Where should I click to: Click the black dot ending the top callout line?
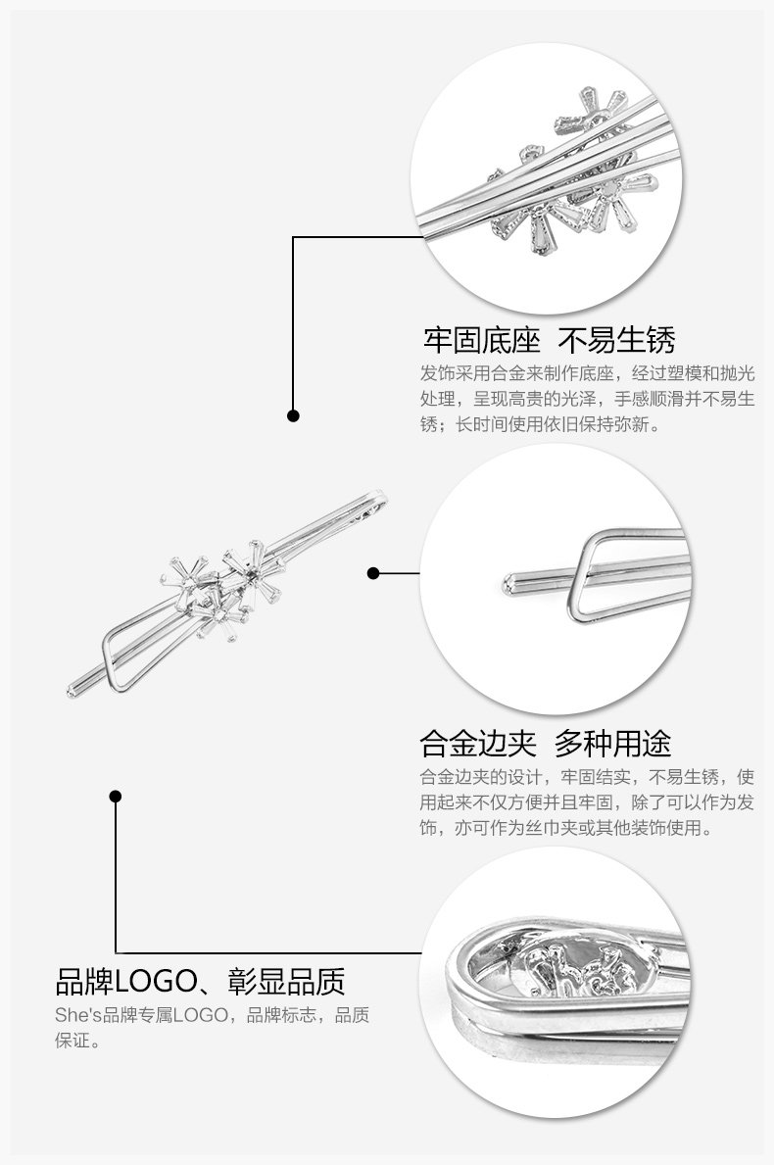[x=293, y=415]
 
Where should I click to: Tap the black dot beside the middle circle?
[x=373, y=573]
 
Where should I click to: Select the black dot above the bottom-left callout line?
[x=116, y=796]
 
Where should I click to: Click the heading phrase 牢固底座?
[x=481, y=341]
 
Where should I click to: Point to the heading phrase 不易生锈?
[x=616, y=341]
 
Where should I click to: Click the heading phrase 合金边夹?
[x=477, y=743]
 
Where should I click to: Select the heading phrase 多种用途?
[x=612, y=743]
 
